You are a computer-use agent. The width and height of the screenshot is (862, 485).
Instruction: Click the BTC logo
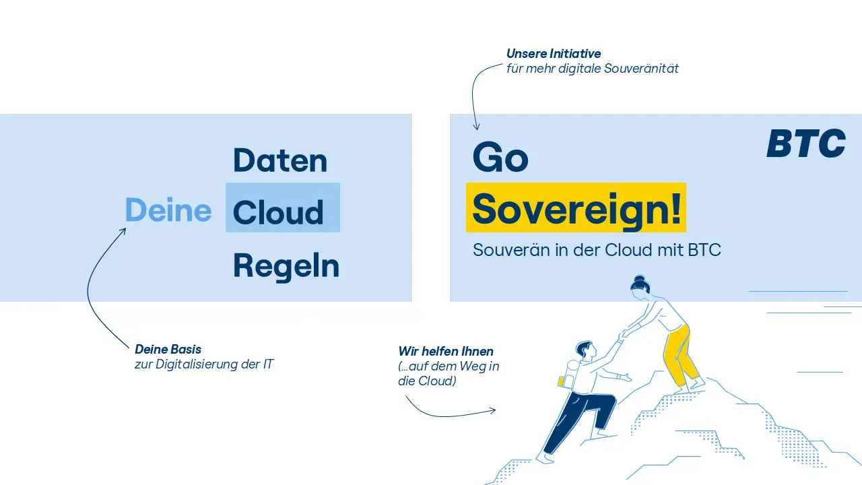coord(806,143)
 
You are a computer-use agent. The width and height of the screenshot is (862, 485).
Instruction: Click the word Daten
coord(280,160)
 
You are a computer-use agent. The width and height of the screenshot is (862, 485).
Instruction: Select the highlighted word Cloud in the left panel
coord(278,212)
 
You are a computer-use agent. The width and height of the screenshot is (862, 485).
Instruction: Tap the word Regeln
coord(286,266)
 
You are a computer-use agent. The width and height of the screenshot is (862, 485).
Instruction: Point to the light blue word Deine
coord(168,209)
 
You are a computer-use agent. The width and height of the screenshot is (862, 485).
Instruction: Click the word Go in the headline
coord(500,157)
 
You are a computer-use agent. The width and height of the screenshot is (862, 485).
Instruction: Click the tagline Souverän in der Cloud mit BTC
coord(597,250)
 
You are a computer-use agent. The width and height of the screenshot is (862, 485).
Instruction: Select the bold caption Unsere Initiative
coord(554,53)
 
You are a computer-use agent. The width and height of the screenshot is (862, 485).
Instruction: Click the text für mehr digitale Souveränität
coord(593,69)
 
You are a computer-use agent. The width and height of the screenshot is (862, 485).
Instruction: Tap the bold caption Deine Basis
coord(168,350)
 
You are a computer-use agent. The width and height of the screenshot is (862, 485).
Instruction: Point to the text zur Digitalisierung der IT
coord(204,364)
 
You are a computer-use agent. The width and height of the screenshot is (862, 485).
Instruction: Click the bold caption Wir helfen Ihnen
coord(446,352)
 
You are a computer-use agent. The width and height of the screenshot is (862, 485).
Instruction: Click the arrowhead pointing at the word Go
coord(476,128)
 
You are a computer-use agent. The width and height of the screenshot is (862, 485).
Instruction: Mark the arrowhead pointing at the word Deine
coord(123,230)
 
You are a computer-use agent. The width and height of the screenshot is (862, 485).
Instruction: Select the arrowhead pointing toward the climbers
coord(494,411)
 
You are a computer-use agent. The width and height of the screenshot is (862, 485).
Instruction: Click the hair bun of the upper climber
coord(640,278)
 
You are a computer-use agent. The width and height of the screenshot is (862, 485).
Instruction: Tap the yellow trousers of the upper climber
coord(680,354)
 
